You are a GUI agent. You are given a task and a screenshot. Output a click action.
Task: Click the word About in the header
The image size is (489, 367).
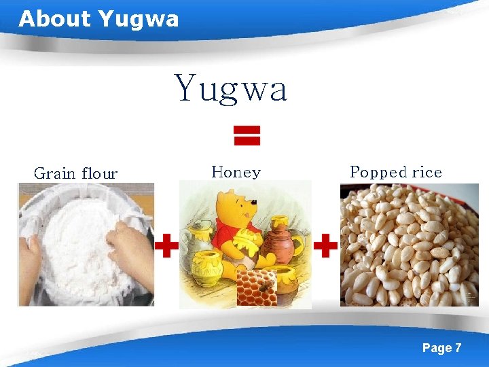coord(55,18)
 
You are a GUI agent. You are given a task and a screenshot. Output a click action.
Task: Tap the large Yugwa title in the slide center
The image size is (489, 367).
coord(232,89)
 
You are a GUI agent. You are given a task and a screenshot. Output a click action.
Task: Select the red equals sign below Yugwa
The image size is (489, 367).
coord(247,135)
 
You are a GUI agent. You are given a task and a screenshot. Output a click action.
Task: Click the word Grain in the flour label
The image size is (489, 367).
coord(54,173)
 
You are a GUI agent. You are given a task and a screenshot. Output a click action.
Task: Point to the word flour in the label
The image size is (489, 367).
coord(99,173)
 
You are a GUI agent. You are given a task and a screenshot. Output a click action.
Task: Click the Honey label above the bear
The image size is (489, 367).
coord(236,172)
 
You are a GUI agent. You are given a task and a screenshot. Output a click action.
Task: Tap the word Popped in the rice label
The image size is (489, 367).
coord(377,173)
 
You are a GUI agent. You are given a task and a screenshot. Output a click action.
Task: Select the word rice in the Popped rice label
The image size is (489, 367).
coord(427,173)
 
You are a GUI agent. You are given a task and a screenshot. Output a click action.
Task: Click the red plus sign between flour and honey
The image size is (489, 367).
coord(166,245)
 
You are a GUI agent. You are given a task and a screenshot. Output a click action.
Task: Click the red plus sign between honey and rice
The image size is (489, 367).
coord(325,245)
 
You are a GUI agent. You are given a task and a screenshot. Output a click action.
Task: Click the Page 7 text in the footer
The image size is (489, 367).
coord(441,348)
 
